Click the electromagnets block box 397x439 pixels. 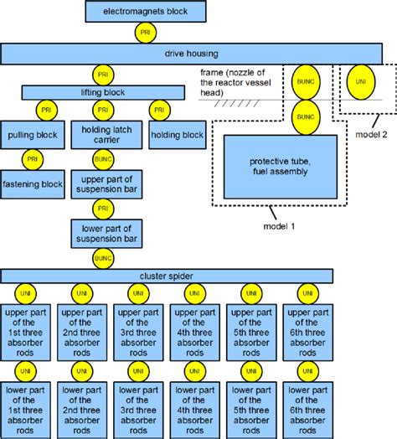[147, 12]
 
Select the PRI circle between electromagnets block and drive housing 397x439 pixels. [147, 33]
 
